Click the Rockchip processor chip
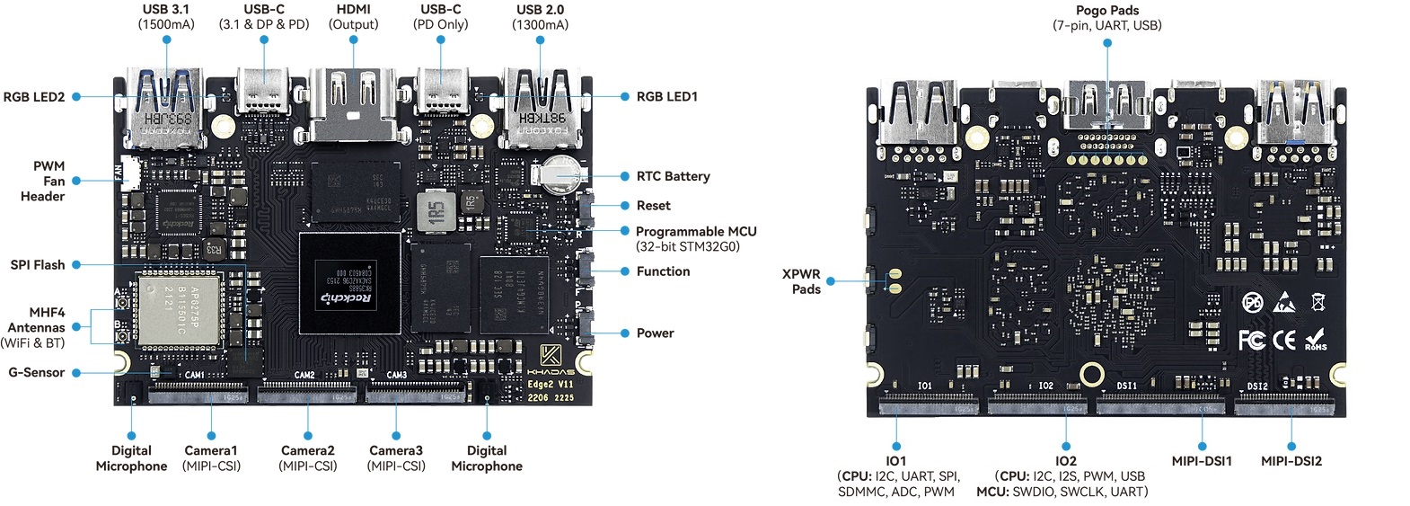point(349,285)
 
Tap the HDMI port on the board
point(352,106)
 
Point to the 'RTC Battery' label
point(673,176)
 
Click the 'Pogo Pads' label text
point(1106,11)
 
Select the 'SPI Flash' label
point(38,265)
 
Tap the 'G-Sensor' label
point(37,372)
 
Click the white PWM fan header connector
point(129,171)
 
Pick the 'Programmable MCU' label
point(696,232)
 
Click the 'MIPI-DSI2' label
point(1291,461)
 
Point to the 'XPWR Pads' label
point(801,281)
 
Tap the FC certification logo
point(1252,340)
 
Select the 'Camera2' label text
point(307,450)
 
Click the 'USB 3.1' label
point(165,10)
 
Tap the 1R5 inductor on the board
point(436,212)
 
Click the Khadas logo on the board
point(551,354)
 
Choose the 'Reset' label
point(653,206)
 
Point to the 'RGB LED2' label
point(34,97)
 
